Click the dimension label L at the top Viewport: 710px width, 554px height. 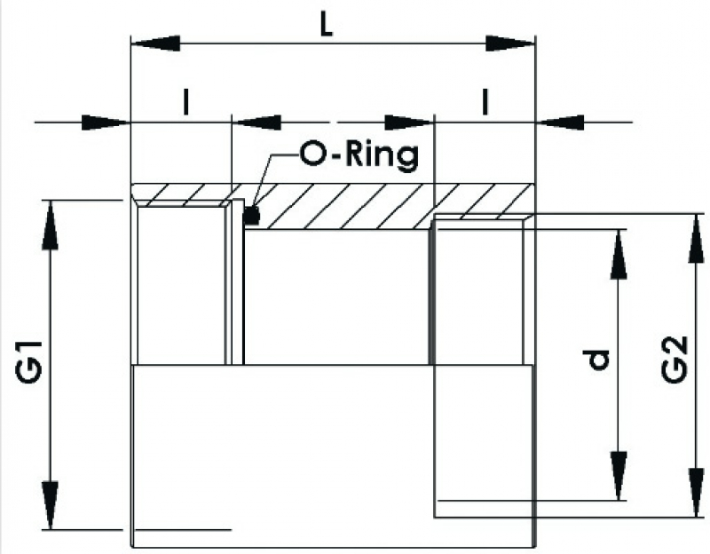[x=327, y=27]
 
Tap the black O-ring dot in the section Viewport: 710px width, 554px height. [x=252, y=215]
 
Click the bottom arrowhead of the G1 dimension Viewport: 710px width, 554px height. [x=52, y=506]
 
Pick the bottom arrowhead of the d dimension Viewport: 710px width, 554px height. [x=619, y=475]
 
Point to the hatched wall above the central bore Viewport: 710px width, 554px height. [x=337, y=206]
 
